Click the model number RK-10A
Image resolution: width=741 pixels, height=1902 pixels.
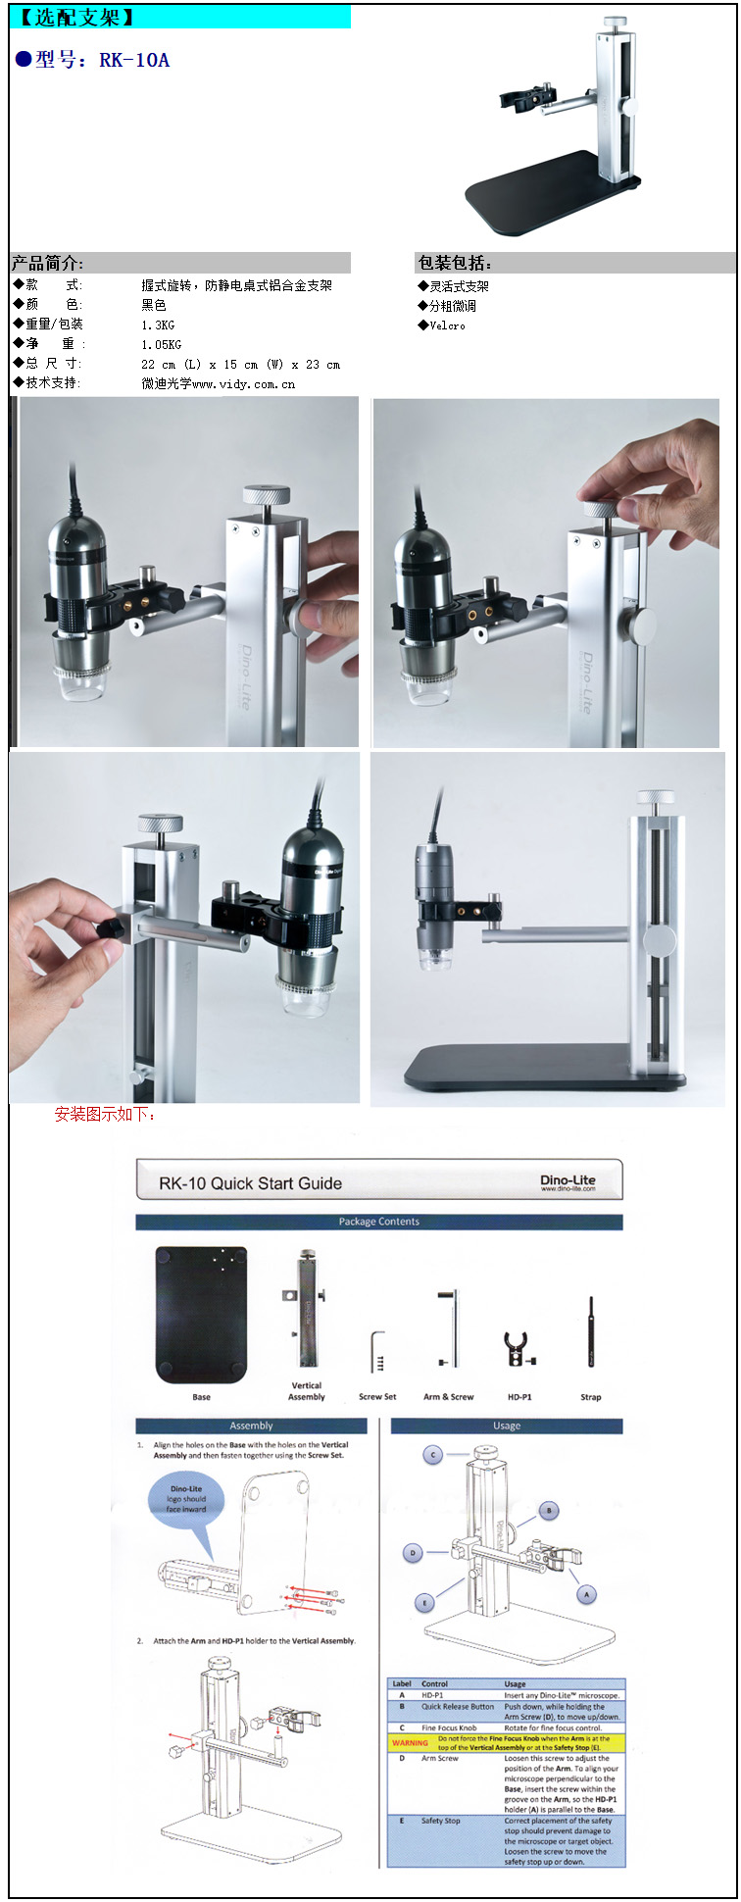pos(134,61)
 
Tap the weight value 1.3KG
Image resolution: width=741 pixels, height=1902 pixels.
pos(158,325)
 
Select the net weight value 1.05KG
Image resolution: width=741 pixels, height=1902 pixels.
pos(161,345)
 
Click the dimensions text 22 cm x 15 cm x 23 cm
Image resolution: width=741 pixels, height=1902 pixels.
pos(240,365)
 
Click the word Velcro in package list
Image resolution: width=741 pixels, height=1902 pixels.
pos(448,325)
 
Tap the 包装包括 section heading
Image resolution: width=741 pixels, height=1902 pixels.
pos(456,263)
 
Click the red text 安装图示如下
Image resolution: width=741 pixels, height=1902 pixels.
pos(105,1114)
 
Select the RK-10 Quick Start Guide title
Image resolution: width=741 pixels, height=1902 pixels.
pos(250,1183)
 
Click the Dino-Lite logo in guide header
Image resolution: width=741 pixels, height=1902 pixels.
pos(568,1181)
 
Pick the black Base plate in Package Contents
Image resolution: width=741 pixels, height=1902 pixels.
pos(201,1314)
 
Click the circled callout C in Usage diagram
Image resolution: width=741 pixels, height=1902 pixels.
pos(433,1455)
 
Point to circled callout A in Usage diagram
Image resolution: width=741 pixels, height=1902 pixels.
pos(586,1595)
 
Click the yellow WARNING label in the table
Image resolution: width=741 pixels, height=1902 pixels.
pos(410,1742)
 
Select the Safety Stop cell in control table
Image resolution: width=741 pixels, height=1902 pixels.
pos(441,1821)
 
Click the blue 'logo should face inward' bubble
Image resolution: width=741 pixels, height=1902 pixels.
pos(186,1499)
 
